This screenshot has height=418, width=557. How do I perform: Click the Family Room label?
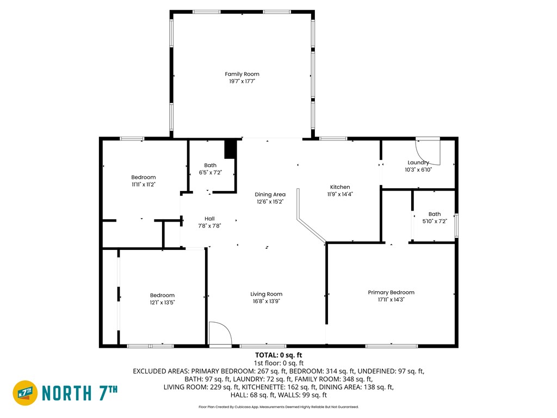pos(242,74)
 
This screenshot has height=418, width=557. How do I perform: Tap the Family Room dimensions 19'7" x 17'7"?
pos(242,81)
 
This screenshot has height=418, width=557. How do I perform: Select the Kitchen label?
pos(340,187)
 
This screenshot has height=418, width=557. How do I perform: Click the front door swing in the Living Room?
pos(219,333)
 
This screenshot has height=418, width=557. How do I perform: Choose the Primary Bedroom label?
pos(391,292)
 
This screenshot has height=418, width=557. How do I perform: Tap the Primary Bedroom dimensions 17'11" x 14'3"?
pos(391,299)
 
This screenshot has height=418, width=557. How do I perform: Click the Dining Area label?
pos(270,194)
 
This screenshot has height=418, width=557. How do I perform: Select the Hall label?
pos(209,219)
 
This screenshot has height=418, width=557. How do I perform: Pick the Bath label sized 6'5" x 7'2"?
pos(210,165)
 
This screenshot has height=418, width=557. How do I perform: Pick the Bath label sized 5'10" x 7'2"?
pos(434,214)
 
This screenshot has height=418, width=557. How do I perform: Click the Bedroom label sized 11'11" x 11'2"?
pos(144,177)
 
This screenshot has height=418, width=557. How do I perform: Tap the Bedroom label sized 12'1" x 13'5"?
pos(162,295)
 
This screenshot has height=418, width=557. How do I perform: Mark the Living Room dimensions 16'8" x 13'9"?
pos(267,301)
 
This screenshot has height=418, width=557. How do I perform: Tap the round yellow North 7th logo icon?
pos(25,392)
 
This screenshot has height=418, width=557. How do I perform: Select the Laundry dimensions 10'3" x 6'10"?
pos(418,170)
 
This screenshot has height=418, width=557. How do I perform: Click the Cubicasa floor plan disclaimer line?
pos(278,407)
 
